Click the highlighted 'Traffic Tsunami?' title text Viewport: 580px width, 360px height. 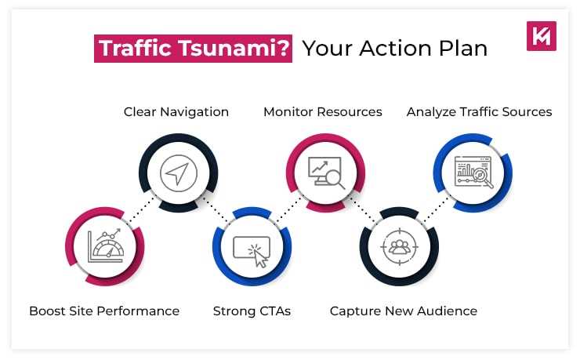tap(194, 49)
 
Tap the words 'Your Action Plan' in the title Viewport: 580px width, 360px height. tap(395, 49)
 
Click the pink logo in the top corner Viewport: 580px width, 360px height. tap(542, 36)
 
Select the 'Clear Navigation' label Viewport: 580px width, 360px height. tap(176, 112)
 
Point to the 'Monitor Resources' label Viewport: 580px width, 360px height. tap(323, 112)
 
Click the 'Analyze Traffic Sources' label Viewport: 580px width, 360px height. tap(479, 112)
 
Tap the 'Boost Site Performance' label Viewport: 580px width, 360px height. tap(104, 311)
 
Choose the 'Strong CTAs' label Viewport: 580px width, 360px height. tap(252, 311)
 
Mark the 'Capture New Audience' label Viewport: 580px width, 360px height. tap(404, 311)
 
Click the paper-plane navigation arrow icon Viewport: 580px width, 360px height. tap(178, 173)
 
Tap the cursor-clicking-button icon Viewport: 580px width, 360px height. tap(252, 249)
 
